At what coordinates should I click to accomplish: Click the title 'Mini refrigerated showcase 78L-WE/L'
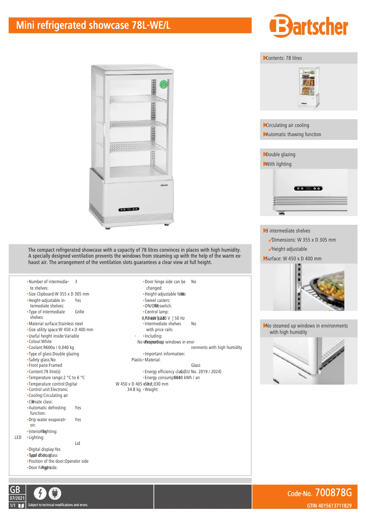(93, 26)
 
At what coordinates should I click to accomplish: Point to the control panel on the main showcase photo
(130, 210)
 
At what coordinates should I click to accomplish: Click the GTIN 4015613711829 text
(329, 505)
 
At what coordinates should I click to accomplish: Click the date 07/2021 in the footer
(17, 497)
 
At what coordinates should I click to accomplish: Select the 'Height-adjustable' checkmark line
(289, 249)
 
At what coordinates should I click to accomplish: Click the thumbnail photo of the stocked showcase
(308, 88)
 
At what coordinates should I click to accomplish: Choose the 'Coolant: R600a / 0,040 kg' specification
(51, 347)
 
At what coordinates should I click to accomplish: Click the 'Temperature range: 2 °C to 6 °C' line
(57, 377)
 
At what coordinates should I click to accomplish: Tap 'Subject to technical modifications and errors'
(58, 505)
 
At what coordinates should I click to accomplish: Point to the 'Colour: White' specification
(40, 341)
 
